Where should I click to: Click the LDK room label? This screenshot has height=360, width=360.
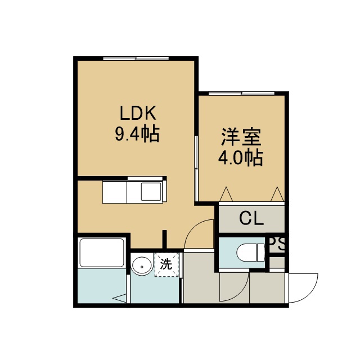[x=138, y=112]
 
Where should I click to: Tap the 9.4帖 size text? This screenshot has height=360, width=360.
[x=137, y=134]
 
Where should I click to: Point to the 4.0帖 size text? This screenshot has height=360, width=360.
[x=240, y=157]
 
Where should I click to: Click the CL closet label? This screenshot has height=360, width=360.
[x=251, y=218]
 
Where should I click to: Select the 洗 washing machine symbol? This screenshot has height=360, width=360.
[x=166, y=264]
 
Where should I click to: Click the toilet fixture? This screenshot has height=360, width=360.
[x=251, y=253]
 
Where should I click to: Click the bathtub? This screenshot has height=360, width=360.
[x=102, y=253]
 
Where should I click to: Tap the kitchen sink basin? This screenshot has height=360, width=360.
[x=151, y=192]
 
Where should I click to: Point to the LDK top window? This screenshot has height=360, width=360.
[x=136, y=58]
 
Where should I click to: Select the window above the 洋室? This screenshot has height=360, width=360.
[x=242, y=93]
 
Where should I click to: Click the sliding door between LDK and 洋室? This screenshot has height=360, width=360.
[x=196, y=169]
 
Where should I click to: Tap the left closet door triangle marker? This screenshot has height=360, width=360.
[x=226, y=194]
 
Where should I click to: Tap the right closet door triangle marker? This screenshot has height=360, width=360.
[x=277, y=194]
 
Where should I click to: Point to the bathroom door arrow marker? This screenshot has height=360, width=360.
[x=119, y=298]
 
